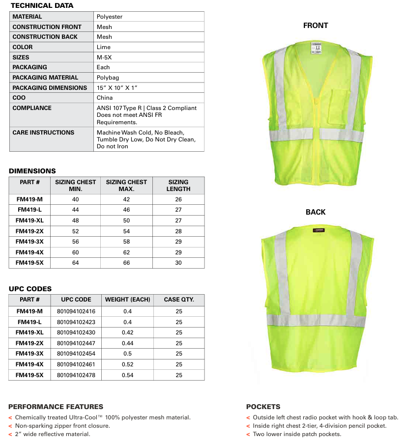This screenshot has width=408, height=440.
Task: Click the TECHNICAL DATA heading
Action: coord(42,5)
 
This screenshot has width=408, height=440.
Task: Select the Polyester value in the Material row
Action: coord(110,17)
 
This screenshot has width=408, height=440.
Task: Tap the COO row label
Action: coord(19,98)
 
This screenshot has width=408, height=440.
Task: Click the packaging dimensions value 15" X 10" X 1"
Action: coord(117,87)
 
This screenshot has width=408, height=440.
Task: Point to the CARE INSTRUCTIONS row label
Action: coord(43,133)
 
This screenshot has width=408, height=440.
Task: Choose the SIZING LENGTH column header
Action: coord(178,185)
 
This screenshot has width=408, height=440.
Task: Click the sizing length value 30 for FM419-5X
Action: coord(178,263)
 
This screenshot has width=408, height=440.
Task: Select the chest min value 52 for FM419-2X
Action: coord(75,231)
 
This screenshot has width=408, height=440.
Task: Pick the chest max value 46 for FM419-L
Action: coord(126,209)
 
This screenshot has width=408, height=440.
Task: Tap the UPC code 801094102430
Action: coord(76,332)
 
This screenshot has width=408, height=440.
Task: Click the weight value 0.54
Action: coord(127,375)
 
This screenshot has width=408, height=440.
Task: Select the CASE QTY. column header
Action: coord(179,299)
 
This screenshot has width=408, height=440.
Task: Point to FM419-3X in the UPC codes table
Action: coord(29,354)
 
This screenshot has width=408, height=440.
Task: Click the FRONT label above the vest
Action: coord(316,26)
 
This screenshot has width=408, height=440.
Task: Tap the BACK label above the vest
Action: coord(316,212)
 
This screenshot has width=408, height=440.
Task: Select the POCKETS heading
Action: coord(263,407)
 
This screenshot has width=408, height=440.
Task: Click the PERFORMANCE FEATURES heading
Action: coord(56,407)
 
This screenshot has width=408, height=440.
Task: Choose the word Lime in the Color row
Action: coord(104,47)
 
